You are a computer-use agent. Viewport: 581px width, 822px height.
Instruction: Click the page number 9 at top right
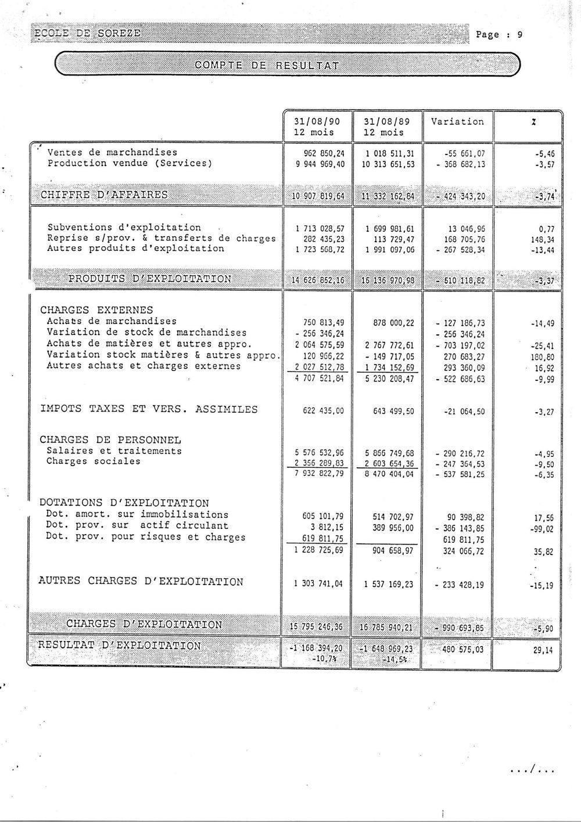(520, 34)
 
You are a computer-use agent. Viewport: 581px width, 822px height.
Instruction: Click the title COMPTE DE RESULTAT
(267, 64)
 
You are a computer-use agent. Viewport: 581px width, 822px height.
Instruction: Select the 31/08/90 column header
(317, 122)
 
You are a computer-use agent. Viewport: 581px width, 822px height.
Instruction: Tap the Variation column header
(457, 122)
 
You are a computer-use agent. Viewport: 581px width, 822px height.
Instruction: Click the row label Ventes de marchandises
(112, 153)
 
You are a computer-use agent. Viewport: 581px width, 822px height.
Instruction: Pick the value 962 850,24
(320, 153)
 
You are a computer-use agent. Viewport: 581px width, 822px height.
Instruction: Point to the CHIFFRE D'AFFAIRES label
(104, 194)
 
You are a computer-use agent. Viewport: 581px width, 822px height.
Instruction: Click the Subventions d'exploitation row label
(124, 228)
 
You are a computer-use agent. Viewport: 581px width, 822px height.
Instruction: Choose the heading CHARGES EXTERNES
(96, 310)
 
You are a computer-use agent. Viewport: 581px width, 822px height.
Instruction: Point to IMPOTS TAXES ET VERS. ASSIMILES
(148, 409)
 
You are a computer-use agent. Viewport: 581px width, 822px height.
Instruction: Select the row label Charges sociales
(93, 462)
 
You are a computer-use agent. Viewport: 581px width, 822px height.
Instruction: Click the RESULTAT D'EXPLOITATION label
(119, 646)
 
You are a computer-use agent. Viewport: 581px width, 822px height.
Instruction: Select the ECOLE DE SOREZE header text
(87, 33)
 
